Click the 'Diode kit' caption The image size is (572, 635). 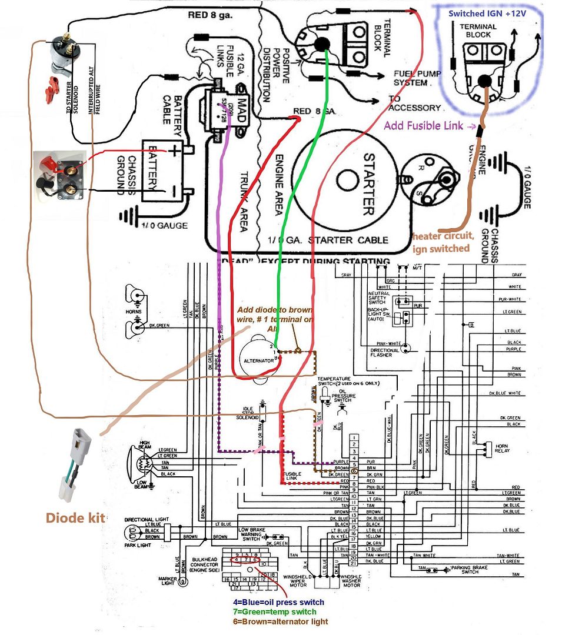(x=76, y=518)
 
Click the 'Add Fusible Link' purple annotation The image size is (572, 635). (x=429, y=125)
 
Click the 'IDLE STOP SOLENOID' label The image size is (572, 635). (x=251, y=413)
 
